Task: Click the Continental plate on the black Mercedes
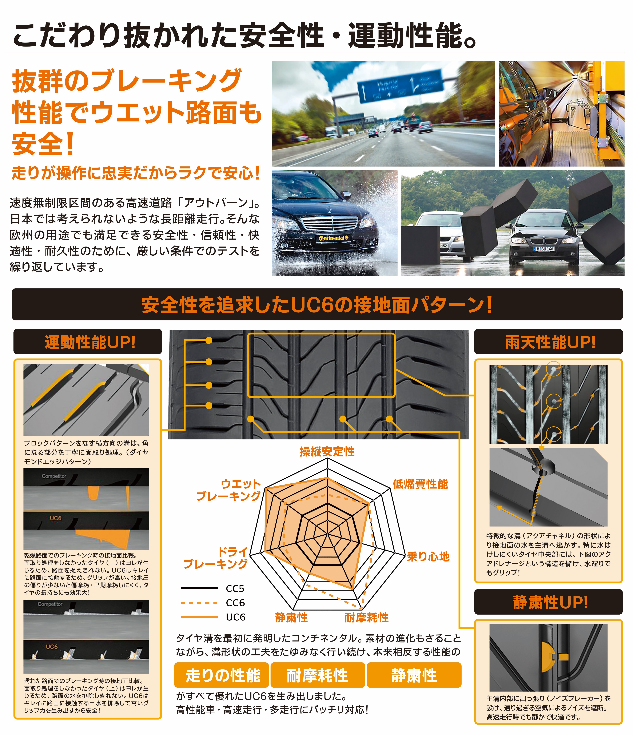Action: click(333, 238)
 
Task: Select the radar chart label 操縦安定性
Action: click(327, 452)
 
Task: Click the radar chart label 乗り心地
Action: click(428, 556)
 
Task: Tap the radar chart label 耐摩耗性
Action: click(367, 618)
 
